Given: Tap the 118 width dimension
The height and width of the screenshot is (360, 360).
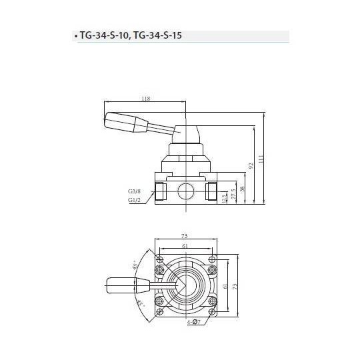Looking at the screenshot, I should tap(146, 99).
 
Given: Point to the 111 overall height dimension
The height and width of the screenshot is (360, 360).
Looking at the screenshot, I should tap(262, 160).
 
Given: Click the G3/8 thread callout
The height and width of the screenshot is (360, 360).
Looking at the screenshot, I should tap(134, 191).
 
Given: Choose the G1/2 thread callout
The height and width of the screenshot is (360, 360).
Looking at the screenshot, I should tap(134, 199).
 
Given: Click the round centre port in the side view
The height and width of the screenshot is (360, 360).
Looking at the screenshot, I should tap(186, 192).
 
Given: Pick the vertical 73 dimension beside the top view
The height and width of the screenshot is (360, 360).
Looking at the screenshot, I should tap(235, 285).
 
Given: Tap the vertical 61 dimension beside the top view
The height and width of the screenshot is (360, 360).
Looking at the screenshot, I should tap(225, 285).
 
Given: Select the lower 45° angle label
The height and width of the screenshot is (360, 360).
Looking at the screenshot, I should tap(139, 305).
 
